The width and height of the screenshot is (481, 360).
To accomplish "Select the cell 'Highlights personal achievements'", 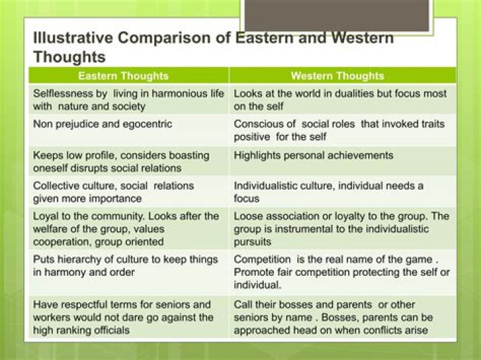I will click(x=313, y=155).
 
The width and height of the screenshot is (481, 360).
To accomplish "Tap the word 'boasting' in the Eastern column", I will click(x=188, y=155).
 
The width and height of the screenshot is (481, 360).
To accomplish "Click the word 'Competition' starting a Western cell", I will click(x=263, y=259).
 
